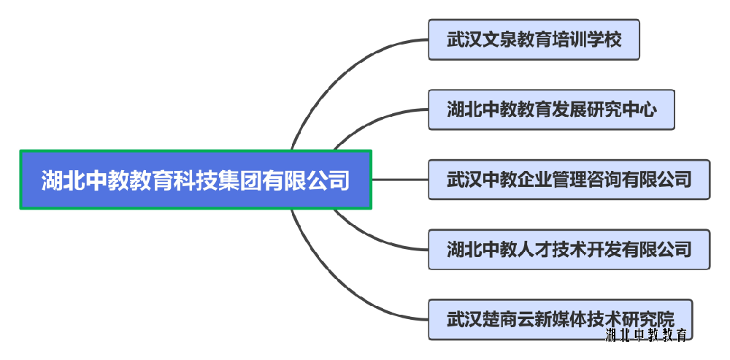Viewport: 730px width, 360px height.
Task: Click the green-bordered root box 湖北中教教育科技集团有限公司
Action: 196,180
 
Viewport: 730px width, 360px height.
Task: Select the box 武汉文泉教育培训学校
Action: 534,39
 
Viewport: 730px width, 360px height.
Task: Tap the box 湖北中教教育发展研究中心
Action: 551,110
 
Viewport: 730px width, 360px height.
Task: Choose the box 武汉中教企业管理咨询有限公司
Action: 569,180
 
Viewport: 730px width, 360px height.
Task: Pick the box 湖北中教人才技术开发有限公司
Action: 569,250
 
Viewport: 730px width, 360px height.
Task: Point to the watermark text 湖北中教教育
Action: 646,336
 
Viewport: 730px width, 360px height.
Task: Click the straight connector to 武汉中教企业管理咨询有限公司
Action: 400,180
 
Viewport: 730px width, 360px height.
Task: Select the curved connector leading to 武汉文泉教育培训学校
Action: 336,66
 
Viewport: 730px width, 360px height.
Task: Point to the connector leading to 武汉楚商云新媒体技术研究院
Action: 336,292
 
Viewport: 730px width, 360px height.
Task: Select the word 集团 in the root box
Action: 240,180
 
